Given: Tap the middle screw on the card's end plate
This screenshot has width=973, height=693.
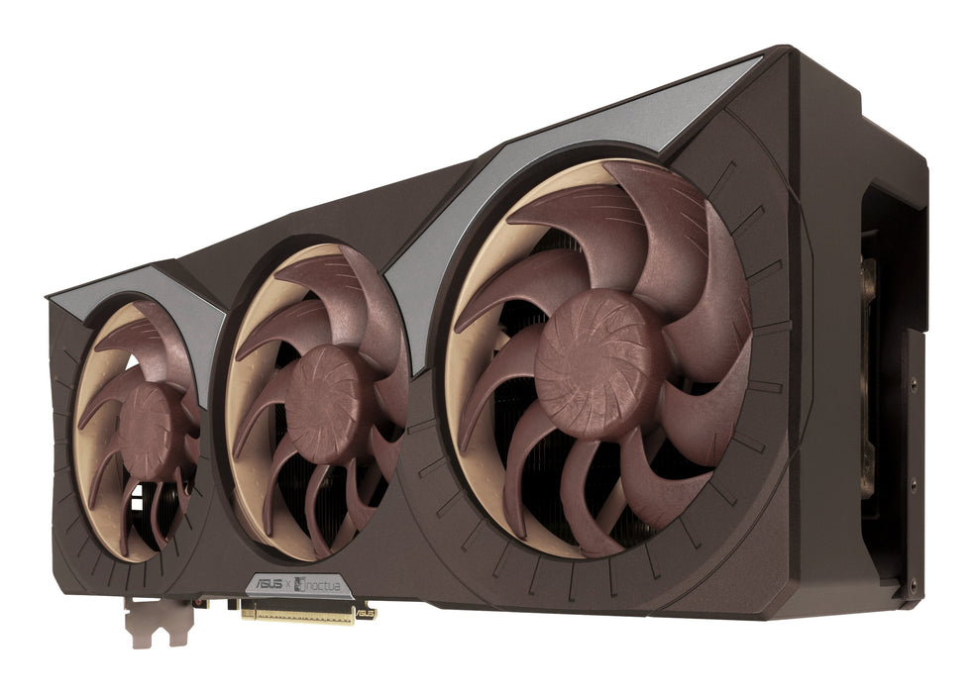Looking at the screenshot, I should click(914, 484).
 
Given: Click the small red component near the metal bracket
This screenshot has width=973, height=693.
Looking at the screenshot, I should click(198, 603).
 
